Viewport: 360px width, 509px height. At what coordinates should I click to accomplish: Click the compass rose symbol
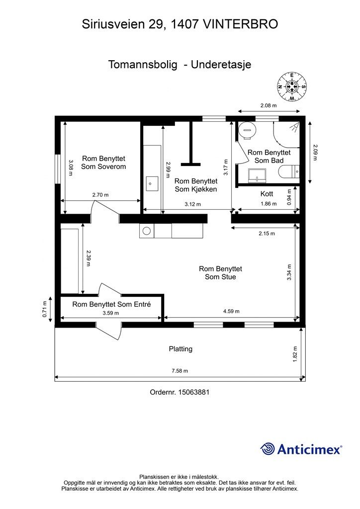(x=292, y=86)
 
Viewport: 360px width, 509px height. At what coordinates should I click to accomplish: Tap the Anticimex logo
(x=301, y=449)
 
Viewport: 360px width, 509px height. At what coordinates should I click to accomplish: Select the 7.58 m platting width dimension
(x=180, y=371)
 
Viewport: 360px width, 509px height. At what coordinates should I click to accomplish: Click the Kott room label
(x=267, y=194)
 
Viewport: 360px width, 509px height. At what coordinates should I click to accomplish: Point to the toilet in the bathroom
(x=289, y=171)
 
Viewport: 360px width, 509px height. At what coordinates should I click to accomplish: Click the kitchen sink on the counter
(x=152, y=184)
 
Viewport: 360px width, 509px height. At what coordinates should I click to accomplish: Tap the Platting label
(x=180, y=349)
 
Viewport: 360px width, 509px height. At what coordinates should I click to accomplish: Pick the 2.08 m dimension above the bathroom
(x=269, y=105)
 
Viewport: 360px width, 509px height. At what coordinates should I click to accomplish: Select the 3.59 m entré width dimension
(x=111, y=313)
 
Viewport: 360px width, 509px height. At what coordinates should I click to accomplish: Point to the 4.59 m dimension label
(x=231, y=311)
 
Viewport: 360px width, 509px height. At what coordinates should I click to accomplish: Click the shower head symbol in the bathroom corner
(x=294, y=127)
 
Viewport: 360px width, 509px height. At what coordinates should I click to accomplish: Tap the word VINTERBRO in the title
(x=240, y=24)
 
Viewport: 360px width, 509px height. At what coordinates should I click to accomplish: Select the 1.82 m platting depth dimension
(x=295, y=354)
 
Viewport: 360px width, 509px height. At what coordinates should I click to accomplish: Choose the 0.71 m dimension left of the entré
(x=45, y=309)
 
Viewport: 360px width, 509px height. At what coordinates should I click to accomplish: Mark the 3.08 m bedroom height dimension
(x=71, y=168)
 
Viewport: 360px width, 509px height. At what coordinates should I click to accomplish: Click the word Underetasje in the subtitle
(x=221, y=64)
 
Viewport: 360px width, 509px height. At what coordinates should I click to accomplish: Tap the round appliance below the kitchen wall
(x=147, y=231)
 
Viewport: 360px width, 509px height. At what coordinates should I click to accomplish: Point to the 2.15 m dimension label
(x=267, y=234)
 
